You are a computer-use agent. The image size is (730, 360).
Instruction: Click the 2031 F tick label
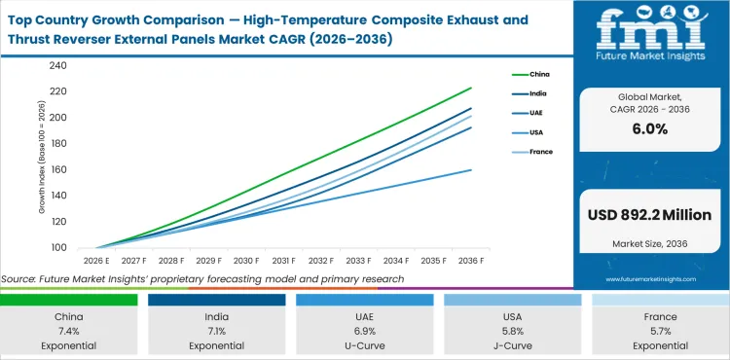pyautogui.click(x=283, y=261)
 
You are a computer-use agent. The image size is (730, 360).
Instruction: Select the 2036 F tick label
pyautogui.click(x=471, y=261)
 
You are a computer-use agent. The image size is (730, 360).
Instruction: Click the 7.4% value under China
pyautogui.click(x=69, y=331)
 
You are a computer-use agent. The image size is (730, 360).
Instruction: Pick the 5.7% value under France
pyautogui.click(x=660, y=331)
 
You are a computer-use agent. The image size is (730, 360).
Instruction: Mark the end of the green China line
pyautogui.click(x=472, y=88)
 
